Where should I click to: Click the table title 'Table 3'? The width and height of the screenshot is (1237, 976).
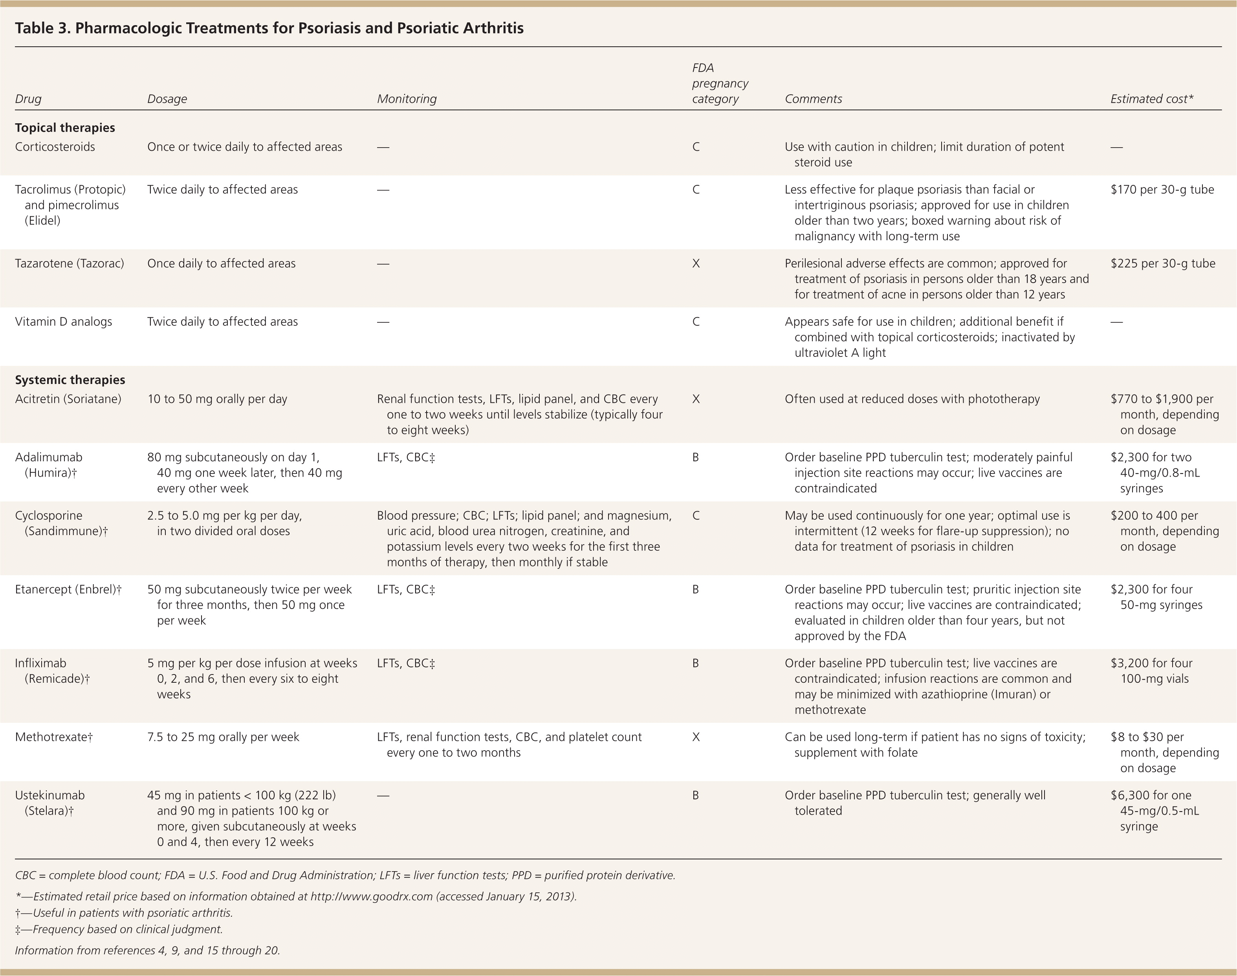(269, 28)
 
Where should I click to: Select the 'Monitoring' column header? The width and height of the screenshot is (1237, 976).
(407, 99)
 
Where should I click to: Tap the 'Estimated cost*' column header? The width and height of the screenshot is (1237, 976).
(1151, 99)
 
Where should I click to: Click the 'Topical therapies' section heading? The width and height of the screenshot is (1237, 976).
(64, 128)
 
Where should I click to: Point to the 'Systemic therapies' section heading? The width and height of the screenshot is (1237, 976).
(70, 380)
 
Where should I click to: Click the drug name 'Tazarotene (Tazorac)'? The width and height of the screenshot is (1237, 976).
(69, 263)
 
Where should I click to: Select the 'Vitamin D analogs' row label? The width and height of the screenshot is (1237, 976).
(64, 322)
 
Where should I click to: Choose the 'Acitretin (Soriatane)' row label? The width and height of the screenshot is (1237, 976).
(68, 399)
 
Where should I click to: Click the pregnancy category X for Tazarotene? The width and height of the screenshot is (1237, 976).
(696, 263)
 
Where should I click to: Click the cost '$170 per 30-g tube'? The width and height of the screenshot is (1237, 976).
(1162, 190)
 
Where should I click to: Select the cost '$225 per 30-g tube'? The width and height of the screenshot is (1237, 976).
(1163, 263)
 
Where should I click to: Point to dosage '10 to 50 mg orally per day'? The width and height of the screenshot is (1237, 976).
(217, 399)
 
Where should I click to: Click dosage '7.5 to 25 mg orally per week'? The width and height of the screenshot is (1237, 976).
(223, 737)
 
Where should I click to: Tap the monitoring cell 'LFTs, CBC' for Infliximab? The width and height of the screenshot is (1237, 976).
(406, 663)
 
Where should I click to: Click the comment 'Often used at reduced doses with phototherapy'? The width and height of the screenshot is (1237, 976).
(912, 399)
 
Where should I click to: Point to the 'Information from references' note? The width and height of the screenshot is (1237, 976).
(147, 950)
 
